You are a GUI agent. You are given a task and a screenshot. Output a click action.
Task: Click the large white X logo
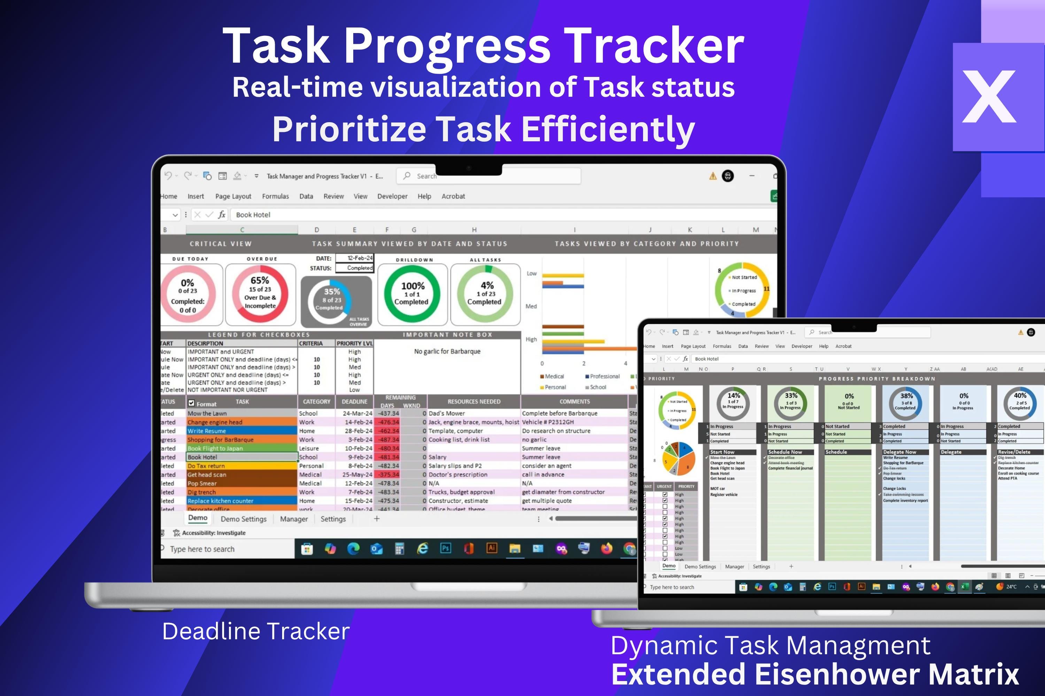(x=989, y=96)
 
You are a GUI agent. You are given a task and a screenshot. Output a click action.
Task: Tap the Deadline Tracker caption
(x=255, y=631)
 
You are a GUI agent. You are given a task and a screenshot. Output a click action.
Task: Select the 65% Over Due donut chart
(x=260, y=294)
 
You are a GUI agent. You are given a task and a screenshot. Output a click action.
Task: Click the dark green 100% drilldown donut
(x=412, y=294)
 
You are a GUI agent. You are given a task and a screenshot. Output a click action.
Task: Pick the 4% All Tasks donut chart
(x=485, y=294)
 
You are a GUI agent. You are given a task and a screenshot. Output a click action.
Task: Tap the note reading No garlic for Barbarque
(x=447, y=351)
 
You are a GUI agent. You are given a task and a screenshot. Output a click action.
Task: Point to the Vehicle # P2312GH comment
(x=548, y=422)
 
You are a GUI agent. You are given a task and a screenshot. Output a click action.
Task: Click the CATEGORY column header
(x=316, y=402)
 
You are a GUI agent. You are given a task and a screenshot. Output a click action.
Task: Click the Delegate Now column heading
(x=900, y=452)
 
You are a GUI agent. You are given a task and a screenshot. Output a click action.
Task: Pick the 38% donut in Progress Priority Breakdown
(x=905, y=402)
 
